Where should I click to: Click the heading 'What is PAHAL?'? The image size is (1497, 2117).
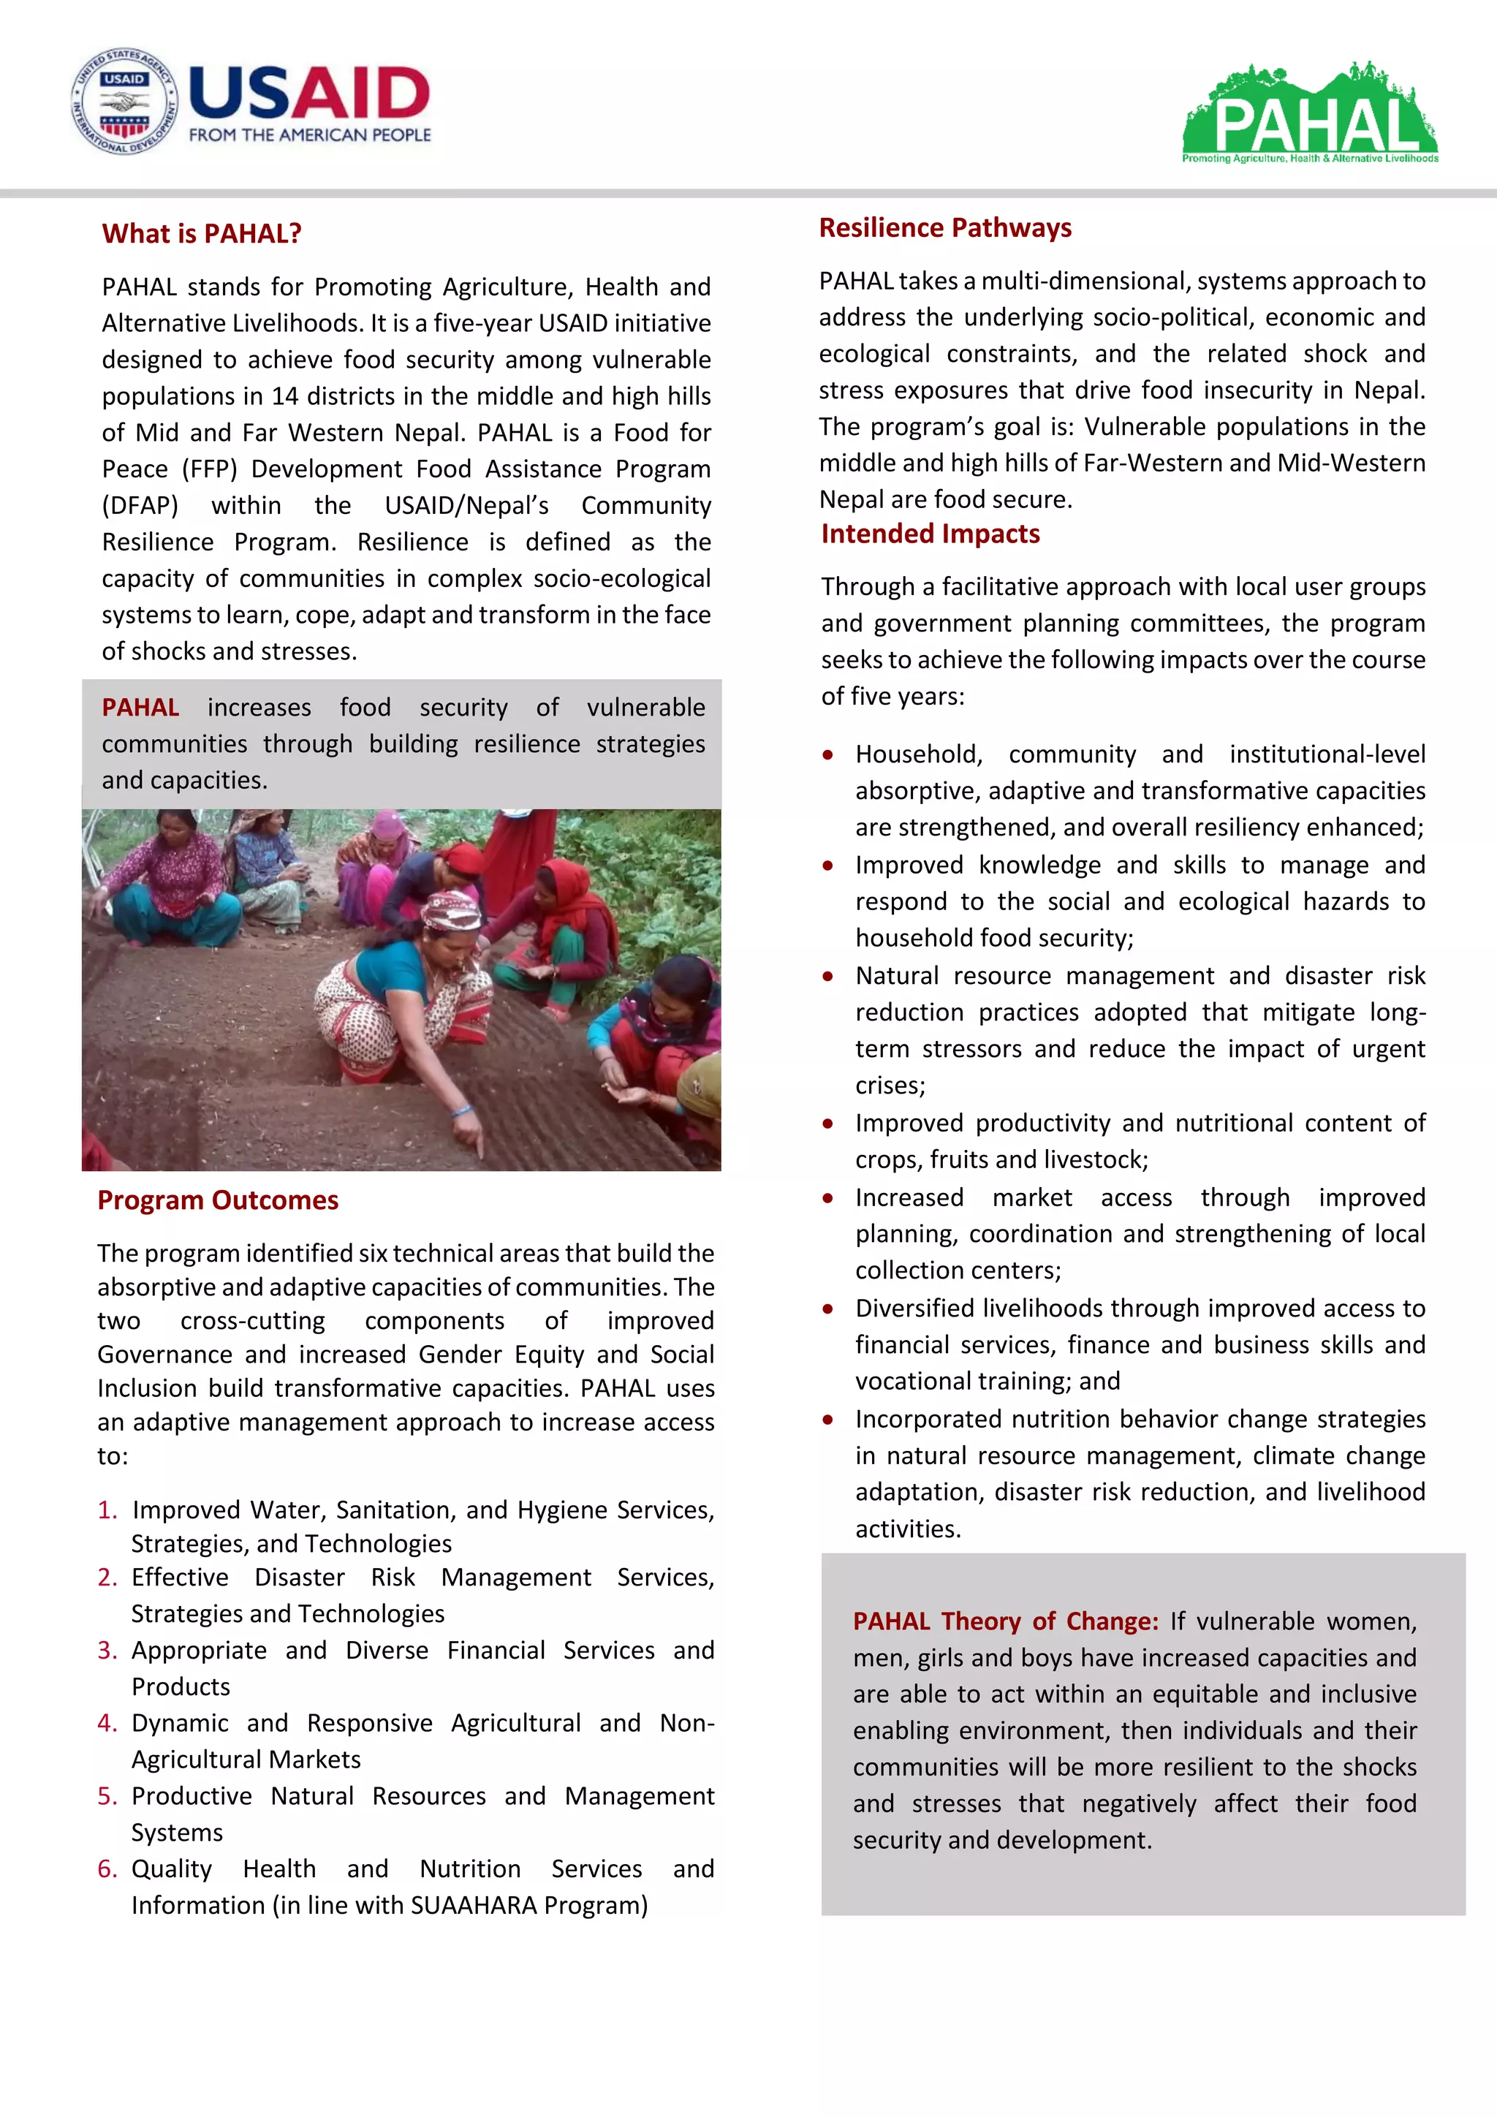[x=202, y=234]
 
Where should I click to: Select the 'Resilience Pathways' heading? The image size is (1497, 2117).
[x=945, y=228]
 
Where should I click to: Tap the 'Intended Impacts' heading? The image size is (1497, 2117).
[x=930, y=534]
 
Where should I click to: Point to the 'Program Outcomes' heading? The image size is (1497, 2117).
[x=218, y=1200]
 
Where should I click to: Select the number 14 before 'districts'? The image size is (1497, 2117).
[x=284, y=396]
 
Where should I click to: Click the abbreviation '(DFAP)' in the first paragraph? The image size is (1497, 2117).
[x=140, y=505]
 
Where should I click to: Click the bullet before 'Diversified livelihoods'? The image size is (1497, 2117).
[x=827, y=1309]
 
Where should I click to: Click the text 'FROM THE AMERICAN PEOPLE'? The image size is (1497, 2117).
[x=310, y=135]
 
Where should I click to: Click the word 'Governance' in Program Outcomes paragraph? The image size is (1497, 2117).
[x=162, y=1355]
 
